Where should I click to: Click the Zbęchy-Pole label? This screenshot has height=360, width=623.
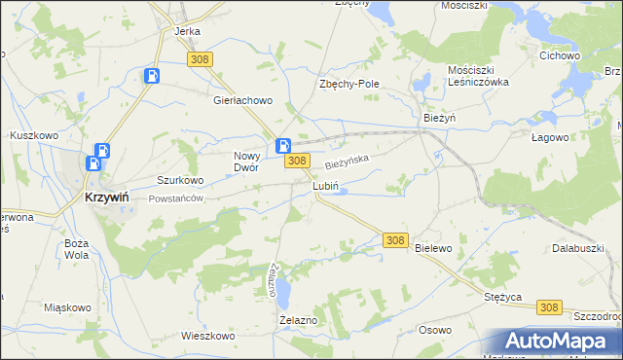tap(349, 84)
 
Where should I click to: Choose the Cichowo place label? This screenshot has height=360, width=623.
tap(560, 55)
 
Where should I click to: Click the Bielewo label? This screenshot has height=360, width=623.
tap(434, 248)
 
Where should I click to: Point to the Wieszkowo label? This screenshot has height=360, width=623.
tap(208, 336)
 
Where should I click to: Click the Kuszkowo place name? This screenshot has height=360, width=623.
tap(32, 134)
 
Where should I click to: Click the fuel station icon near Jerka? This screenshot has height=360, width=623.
tap(152, 74)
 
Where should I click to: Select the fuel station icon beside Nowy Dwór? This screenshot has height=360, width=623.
tap(283, 146)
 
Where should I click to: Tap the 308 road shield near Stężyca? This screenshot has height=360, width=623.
tap(548, 307)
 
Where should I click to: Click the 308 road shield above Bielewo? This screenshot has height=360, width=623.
tap(394, 239)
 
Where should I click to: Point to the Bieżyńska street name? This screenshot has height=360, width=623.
tap(348, 156)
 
